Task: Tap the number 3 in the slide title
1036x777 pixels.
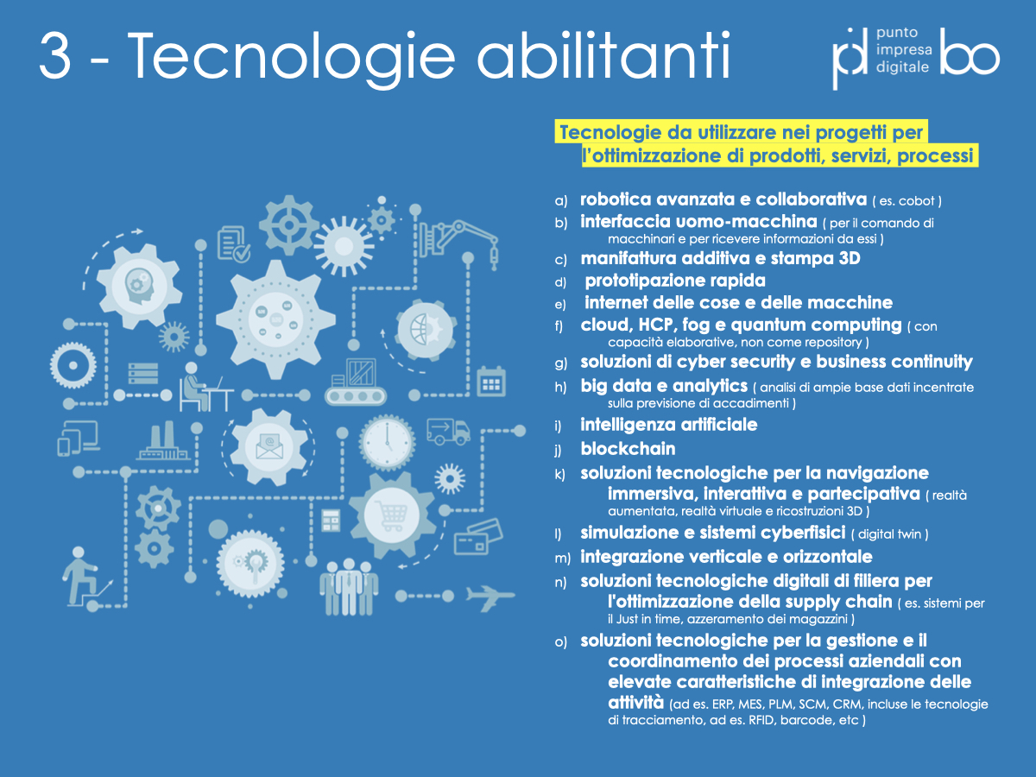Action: click(55, 55)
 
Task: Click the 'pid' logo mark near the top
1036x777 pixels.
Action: click(850, 58)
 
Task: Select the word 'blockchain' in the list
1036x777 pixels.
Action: click(628, 449)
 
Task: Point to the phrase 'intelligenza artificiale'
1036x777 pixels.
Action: click(669, 425)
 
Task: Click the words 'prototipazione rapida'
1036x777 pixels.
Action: click(675, 281)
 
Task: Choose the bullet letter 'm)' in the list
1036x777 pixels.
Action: click(562, 559)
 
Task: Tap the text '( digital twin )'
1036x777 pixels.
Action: click(890, 534)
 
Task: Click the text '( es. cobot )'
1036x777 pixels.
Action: click(906, 201)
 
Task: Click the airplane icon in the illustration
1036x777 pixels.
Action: click(490, 597)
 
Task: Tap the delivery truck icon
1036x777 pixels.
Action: click(448, 431)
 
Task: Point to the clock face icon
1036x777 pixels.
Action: click(387, 443)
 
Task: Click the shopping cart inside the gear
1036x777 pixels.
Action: click(391, 515)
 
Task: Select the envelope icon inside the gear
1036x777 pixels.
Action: click(269, 446)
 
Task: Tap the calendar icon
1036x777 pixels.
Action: click(491, 382)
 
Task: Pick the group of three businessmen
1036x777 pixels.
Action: click(348, 586)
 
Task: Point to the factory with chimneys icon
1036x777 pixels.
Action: click(163, 440)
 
